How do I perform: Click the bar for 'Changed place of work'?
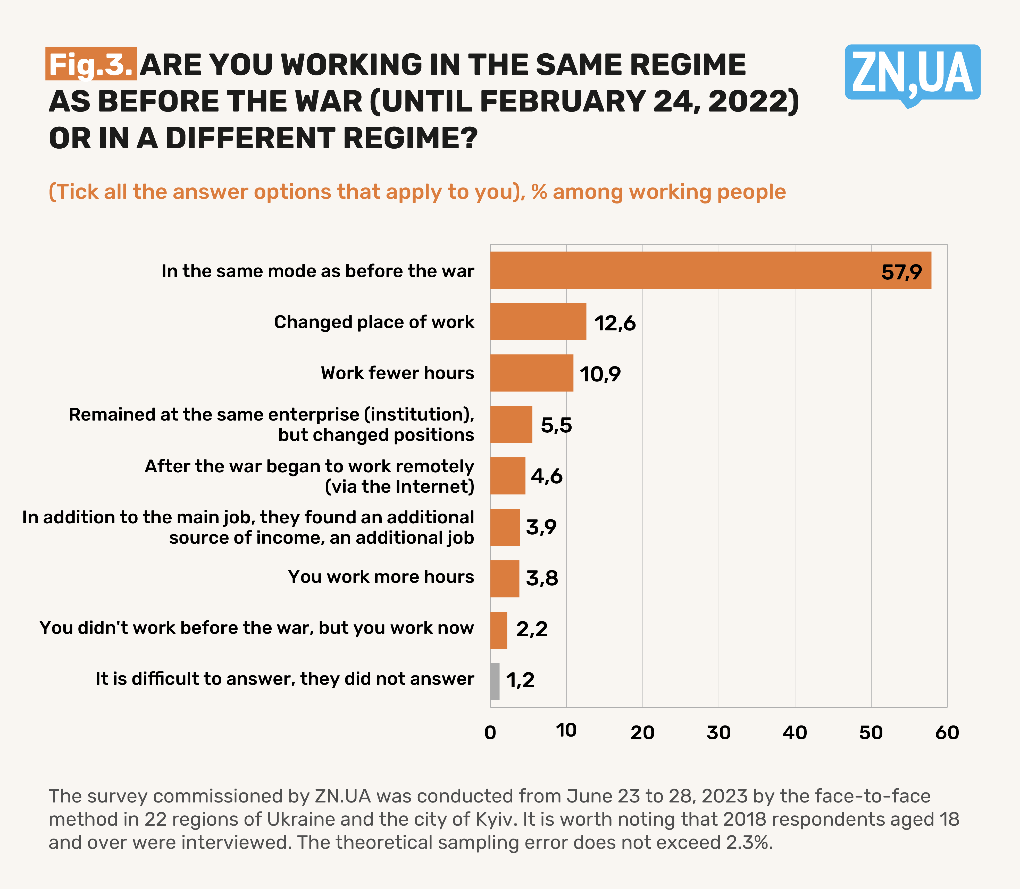pyautogui.click(x=538, y=321)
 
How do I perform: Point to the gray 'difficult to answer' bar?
pyautogui.click(x=495, y=682)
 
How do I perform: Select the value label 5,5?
pyautogui.click(x=556, y=425)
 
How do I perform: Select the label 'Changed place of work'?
pyautogui.click(x=374, y=322)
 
